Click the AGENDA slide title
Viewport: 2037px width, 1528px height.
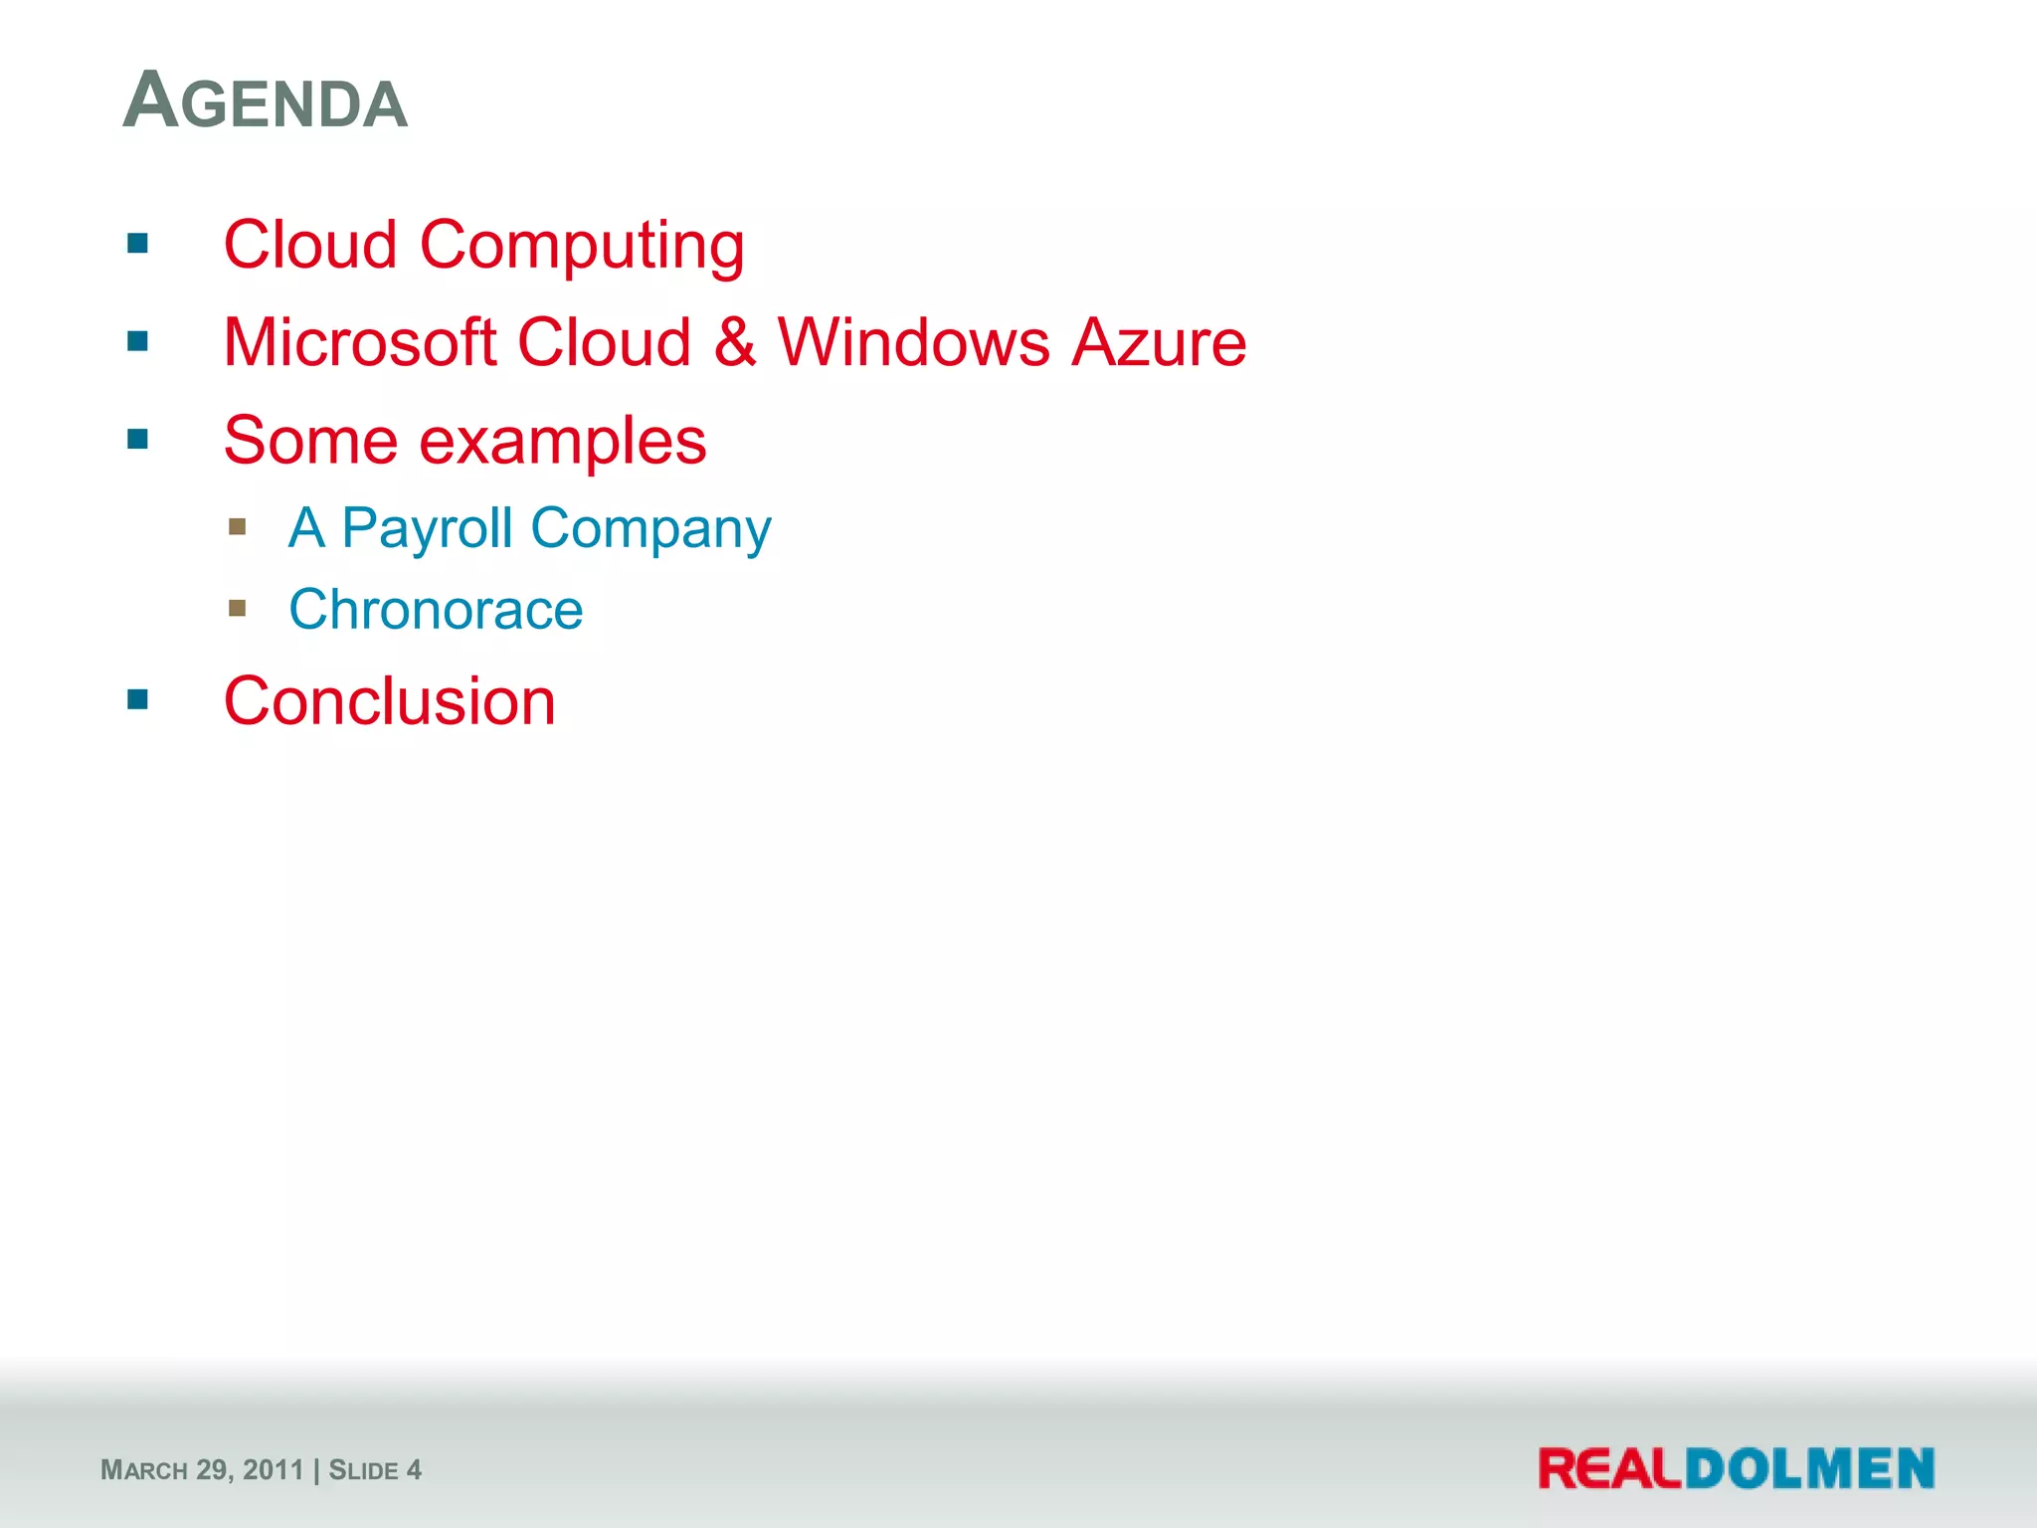265,101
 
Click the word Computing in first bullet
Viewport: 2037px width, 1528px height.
581,247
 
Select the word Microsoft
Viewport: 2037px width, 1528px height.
359,342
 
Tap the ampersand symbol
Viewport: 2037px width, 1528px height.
734,342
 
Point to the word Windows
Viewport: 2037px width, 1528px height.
913,342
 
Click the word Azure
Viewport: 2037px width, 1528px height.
1159,342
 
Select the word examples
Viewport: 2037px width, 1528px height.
562,442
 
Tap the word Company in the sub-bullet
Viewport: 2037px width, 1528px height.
650,528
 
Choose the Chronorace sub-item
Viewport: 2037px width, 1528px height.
436,609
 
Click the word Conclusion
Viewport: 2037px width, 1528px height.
389,701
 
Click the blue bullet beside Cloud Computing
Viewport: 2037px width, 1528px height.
138,244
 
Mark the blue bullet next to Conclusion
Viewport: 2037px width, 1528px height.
138,700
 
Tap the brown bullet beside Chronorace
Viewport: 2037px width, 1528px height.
237,608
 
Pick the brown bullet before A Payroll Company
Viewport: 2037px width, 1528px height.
237,526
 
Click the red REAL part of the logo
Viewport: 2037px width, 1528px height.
1609,1469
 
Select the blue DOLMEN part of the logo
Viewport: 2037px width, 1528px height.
1809,1469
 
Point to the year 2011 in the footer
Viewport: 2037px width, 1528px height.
273,1470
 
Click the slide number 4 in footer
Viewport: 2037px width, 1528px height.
414,1470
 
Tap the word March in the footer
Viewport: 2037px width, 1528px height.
144,1470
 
